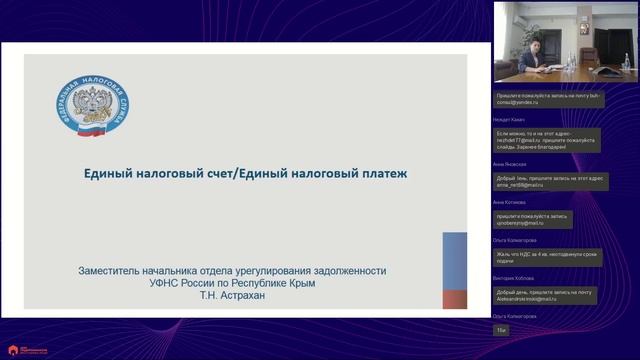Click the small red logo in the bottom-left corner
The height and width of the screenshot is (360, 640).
click(x=14, y=350)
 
